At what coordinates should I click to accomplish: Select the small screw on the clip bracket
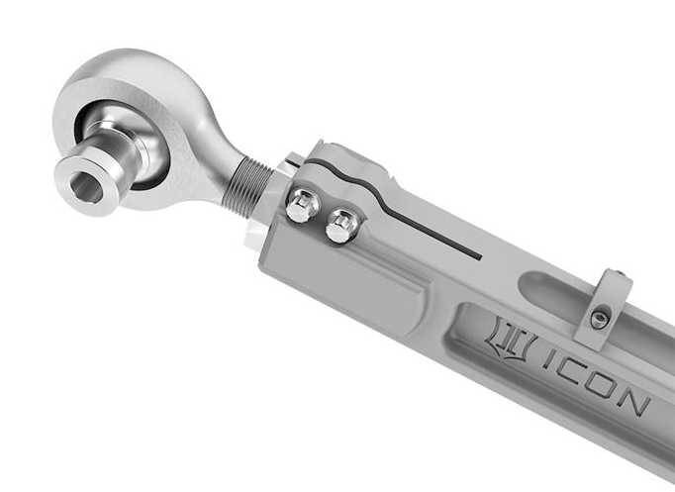point(600,318)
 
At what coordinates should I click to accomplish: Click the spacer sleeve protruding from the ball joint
point(94,178)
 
